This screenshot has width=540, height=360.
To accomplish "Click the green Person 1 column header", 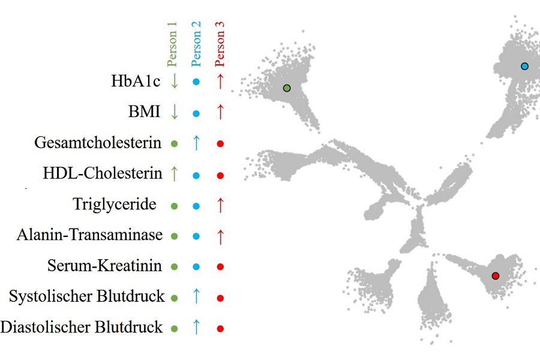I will tap(173, 44).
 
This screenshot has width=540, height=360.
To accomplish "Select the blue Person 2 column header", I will tap(196, 44).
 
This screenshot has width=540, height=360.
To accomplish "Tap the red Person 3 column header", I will tap(220, 44).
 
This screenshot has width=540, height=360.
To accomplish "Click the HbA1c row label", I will tap(136, 81).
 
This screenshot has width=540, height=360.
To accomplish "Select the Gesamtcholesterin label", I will tap(98, 143).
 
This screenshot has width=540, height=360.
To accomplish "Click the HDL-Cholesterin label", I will tap(103, 174).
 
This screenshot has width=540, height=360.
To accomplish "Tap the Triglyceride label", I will tap(115, 204).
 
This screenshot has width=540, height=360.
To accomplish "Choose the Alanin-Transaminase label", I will tap(89, 235).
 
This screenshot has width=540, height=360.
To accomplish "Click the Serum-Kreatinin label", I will tap(104, 265).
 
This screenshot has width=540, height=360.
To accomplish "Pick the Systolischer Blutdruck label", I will tap(86, 296).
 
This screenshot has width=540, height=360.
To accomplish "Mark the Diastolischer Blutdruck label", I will tap(82, 327).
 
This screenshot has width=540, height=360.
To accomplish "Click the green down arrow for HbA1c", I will tap(174, 81).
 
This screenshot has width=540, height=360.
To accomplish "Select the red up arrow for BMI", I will tap(220, 112).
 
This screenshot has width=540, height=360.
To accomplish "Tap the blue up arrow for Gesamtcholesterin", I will tap(196, 143).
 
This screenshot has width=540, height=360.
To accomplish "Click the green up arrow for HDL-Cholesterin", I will tap(174, 174).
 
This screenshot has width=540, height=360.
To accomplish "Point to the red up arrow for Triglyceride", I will tap(220, 205).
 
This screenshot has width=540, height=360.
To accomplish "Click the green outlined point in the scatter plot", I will tap(287, 88).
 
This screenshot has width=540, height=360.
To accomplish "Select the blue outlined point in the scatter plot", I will tap(525, 66).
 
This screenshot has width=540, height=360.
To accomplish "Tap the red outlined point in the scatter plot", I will tap(495, 276).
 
